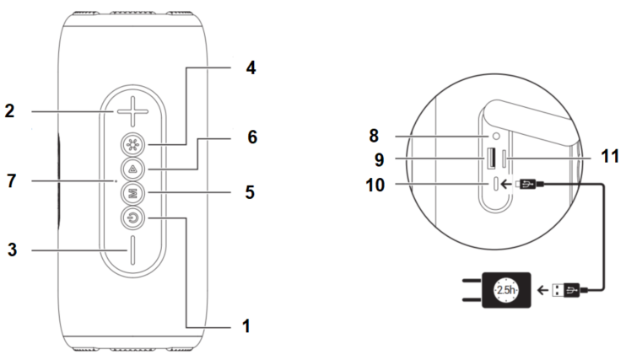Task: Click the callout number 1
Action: (247, 324)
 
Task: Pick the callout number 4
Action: (250, 67)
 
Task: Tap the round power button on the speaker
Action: (132, 219)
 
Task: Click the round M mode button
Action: (132, 193)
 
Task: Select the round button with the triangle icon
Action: (132, 168)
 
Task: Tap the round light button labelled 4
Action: (132, 142)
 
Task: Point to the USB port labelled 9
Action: (488, 157)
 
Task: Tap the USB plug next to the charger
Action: (566, 291)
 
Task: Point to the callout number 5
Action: (250, 193)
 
